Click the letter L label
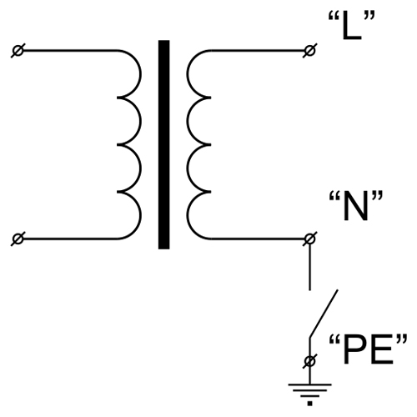[x=352, y=26]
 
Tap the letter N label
[x=355, y=206]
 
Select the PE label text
[x=368, y=349]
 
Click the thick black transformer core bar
[x=164, y=144]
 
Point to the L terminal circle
[x=310, y=51]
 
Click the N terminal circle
[x=310, y=239]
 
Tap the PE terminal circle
[x=310, y=361]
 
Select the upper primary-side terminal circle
[x=18, y=51]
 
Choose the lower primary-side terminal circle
[x=18, y=239]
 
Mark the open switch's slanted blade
[x=324, y=314]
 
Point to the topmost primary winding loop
[x=141, y=74]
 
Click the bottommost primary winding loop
[x=141, y=215]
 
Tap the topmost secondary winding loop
[x=187, y=74]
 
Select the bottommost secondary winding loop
[x=187, y=215]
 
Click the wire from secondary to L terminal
[x=258, y=51]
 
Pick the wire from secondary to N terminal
[x=258, y=239]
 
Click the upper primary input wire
[x=70, y=51]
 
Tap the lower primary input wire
[x=70, y=239]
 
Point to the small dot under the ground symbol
[x=310, y=404]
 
